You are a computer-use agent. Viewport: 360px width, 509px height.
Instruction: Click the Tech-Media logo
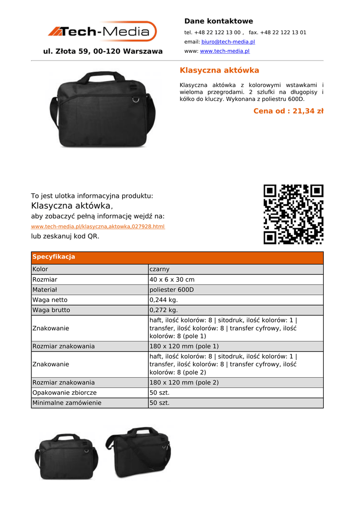[102, 32]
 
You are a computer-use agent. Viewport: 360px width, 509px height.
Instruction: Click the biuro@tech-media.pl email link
[228, 42]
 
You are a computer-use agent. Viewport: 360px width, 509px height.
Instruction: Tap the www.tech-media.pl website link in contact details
[224, 51]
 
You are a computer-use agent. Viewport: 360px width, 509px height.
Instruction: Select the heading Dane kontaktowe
[218, 21]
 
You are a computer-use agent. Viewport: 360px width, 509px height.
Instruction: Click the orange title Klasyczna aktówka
[219, 70]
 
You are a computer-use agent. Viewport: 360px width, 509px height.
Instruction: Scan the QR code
[293, 214]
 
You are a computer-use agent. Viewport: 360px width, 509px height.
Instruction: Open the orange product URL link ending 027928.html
[97, 226]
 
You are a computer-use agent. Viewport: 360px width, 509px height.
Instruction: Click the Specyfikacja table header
[54, 257]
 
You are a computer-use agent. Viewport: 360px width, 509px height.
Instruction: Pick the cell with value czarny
[160, 269]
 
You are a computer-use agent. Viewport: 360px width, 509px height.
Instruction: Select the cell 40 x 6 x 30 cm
[172, 279]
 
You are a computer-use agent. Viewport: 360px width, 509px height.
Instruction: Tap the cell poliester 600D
[172, 290]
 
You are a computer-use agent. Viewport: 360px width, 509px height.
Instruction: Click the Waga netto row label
[50, 300]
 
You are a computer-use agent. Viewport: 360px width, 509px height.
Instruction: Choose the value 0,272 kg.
[164, 310]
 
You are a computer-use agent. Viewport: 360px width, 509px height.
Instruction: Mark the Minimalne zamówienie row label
[67, 403]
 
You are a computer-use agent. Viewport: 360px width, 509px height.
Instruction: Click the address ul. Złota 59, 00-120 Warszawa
[103, 51]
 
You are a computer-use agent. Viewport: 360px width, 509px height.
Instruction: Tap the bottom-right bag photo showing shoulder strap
[138, 452]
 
